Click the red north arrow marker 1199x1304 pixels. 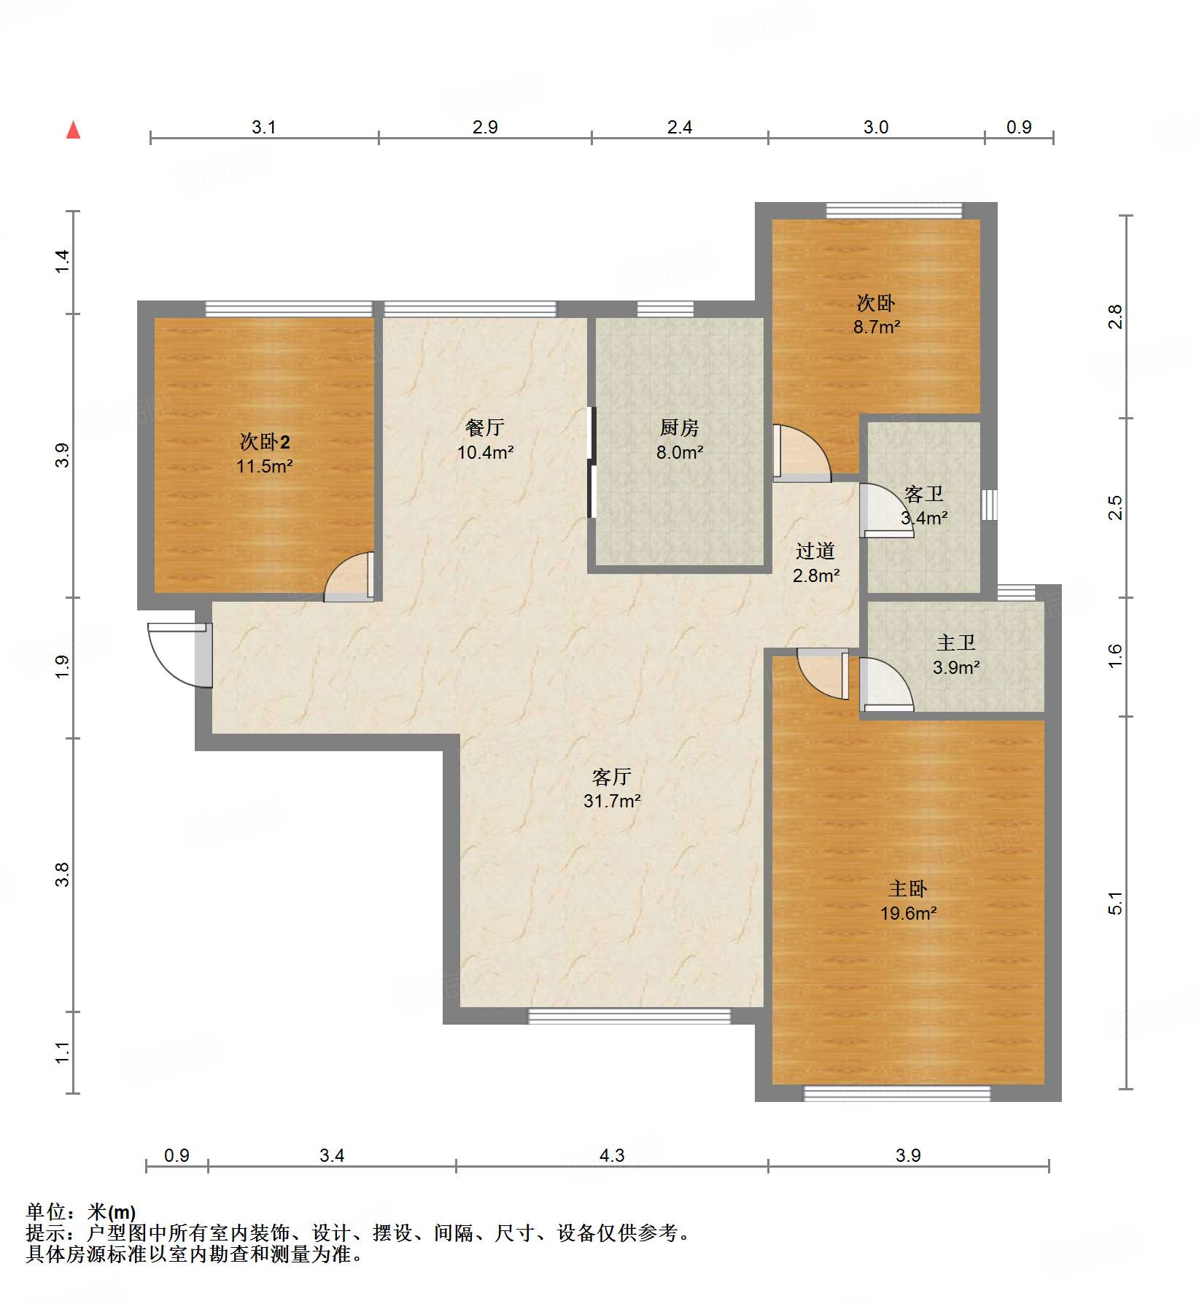[73, 131]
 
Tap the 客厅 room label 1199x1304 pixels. [611, 777]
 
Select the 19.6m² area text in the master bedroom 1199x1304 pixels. [908, 913]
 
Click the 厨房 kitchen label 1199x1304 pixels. [679, 428]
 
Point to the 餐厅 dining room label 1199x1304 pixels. [485, 428]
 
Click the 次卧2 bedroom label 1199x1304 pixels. [265, 442]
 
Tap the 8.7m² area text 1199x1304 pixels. [877, 327]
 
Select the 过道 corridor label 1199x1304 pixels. [815, 551]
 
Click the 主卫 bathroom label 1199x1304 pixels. [955, 643]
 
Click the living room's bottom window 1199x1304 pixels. [629, 1016]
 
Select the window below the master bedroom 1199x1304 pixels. [896, 1093]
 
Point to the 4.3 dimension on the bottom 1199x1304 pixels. [612, 1155]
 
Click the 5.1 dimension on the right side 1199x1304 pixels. [1115, 904]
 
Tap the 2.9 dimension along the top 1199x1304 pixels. [485, 128]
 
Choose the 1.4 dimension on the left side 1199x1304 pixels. [63, 261]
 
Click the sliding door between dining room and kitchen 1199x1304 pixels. [591, 462]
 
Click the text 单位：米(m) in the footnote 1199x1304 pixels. [81, 1212]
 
